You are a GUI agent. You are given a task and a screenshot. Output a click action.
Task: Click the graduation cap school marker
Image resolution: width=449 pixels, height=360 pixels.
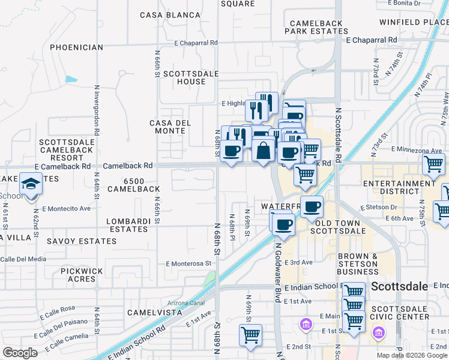pos(30,184)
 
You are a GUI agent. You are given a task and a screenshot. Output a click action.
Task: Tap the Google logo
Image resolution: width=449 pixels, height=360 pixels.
pos(19,353)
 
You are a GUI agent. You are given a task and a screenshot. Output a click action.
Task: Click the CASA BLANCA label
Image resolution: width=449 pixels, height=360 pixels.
pos(170,15)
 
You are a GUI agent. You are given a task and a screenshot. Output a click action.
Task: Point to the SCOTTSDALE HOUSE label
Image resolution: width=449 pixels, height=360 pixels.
pos(184,77)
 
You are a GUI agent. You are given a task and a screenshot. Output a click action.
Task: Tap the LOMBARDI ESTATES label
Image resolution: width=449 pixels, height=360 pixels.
pos(127,226)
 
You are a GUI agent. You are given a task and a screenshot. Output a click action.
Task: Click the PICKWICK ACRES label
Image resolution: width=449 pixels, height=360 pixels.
pos(78,275)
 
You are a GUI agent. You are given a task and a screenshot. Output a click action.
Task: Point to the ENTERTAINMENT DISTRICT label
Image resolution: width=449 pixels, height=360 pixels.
pos(399,188)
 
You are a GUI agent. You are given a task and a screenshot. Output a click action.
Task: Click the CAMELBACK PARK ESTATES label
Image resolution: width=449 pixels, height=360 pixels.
pos(316,28)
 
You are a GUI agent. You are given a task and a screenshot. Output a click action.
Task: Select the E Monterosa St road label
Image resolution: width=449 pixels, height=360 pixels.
pos(190,263)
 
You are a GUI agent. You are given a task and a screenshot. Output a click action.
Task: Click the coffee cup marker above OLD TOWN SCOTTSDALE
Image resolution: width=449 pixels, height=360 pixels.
pos(311,207)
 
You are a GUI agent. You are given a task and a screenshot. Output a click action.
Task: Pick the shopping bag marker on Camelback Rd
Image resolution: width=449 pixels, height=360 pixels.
pos(264,150)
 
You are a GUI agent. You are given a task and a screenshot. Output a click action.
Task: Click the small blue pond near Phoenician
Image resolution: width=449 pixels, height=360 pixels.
pos(71,79)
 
